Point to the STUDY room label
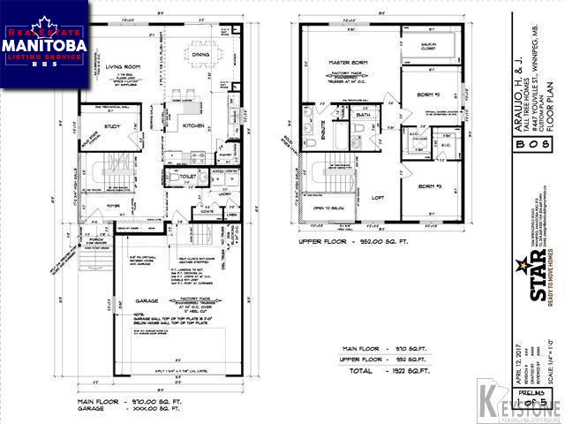pos(112,126)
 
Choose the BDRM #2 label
pos(429,95)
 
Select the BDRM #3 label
pos(430,186)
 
